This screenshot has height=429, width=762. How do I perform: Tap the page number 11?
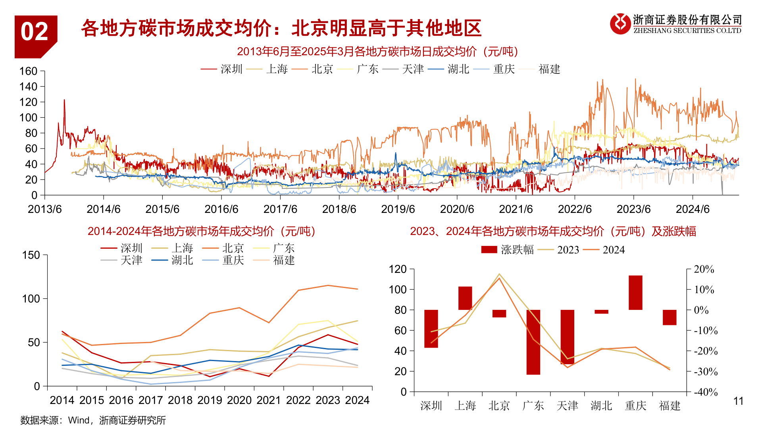(x=738, y=401)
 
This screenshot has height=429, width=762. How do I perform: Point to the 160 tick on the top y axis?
(x=28, y=71)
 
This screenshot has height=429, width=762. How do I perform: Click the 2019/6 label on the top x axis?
(x=398, y=209)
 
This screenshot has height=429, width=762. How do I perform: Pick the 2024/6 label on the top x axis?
(x=693, y=209)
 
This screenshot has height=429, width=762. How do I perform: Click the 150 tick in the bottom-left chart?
(x=31, y=255)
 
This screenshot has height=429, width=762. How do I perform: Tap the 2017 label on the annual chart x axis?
(x=150, y=400)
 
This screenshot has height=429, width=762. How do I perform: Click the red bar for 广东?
(x=533, y=342)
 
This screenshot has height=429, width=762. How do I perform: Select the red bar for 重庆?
(x=635, y=293)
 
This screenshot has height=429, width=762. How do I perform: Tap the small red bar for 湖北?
(x=601, y=312)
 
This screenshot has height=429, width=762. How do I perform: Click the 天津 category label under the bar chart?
(x=567, y=406)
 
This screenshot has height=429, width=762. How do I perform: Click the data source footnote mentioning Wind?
(x=93, y=420)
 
